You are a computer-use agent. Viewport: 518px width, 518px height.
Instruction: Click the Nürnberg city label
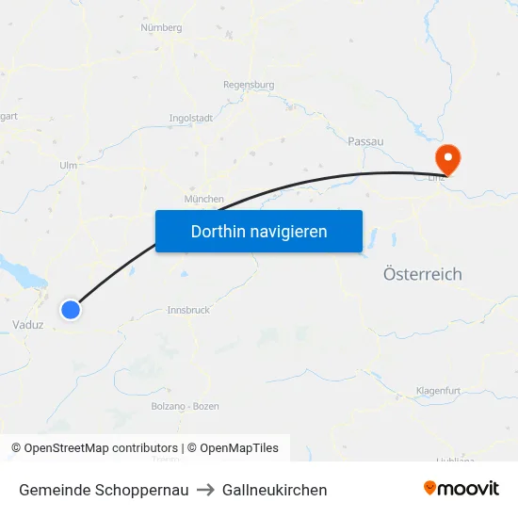pos(160,28)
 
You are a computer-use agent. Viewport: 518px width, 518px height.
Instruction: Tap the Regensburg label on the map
pos(249,85)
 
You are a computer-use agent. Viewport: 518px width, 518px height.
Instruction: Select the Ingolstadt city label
pos(190,119)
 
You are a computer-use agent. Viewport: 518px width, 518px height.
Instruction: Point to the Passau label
pos(365,141)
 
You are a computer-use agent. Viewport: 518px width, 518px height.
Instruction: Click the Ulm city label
pos(68,165)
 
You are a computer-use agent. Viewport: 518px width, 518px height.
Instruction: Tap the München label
pos(204,199)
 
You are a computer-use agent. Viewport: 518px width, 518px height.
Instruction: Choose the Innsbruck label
pos(187,310)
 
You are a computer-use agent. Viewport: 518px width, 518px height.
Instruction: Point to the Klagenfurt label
pos(438,390)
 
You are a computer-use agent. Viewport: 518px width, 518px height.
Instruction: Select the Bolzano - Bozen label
pos(185,406)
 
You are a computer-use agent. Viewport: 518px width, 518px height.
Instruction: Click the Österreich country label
pos(423,274)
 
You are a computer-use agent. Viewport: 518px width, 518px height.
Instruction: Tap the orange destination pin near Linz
pos(445,158)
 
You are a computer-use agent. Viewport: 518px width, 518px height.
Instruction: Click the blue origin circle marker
pos(71,309)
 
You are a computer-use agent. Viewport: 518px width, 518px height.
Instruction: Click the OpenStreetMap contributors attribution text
pos(101,448)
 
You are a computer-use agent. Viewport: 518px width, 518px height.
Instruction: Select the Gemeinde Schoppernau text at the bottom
pos(104,490)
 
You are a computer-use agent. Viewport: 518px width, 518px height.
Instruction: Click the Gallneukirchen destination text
pos(275,490)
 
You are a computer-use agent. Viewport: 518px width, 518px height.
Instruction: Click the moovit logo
pos(461,489)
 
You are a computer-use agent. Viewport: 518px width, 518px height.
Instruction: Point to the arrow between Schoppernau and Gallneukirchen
pos(205,490)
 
